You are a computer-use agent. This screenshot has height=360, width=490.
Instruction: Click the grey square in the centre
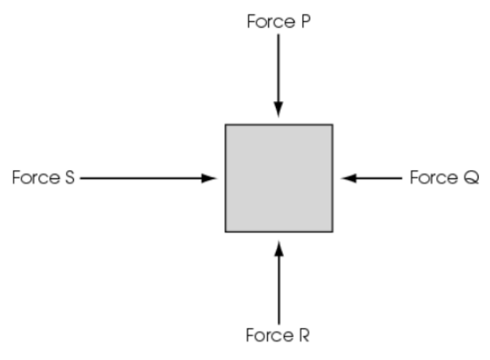(x=279, y=178)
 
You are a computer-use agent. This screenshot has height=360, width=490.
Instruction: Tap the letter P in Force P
(x=306, y=21)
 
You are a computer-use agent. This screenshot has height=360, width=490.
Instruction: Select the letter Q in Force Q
(x=471, y=177)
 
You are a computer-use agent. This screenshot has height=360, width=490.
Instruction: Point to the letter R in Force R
(x=304, y=335)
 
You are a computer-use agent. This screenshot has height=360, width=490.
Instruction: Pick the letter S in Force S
(x=70, y=177)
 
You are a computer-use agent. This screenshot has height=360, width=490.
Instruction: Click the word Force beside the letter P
(x=271, y=21)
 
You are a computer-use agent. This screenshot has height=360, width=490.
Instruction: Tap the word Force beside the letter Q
(x=434, y=177)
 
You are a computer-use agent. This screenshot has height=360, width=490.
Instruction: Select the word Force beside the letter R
(x=270, y=335)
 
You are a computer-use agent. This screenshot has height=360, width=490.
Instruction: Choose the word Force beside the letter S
(x=36, y=177)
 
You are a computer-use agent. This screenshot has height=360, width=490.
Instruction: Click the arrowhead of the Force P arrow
(x=279, y=110)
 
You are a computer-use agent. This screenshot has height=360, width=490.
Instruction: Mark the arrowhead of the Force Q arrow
(x=348, y=178)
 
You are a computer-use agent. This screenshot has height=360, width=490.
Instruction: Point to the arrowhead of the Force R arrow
(x=279, y=248)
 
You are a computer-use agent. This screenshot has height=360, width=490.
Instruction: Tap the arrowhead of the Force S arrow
(x=209, y=178)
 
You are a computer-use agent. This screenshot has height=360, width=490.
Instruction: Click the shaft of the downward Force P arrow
(x=279, y=68)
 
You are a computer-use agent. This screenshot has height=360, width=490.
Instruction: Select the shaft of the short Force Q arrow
(x=379, y=178)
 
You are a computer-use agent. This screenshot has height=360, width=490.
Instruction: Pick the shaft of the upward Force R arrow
(x=279, y=290)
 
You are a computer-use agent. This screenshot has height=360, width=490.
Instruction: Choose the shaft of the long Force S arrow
(x=141, y=178)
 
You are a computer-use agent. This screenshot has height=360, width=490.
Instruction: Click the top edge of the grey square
(x=279, y=125)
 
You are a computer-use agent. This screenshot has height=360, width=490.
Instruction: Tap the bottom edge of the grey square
(x=279, y=232)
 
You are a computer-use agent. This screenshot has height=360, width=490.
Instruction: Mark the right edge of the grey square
(x=333, y=178)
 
